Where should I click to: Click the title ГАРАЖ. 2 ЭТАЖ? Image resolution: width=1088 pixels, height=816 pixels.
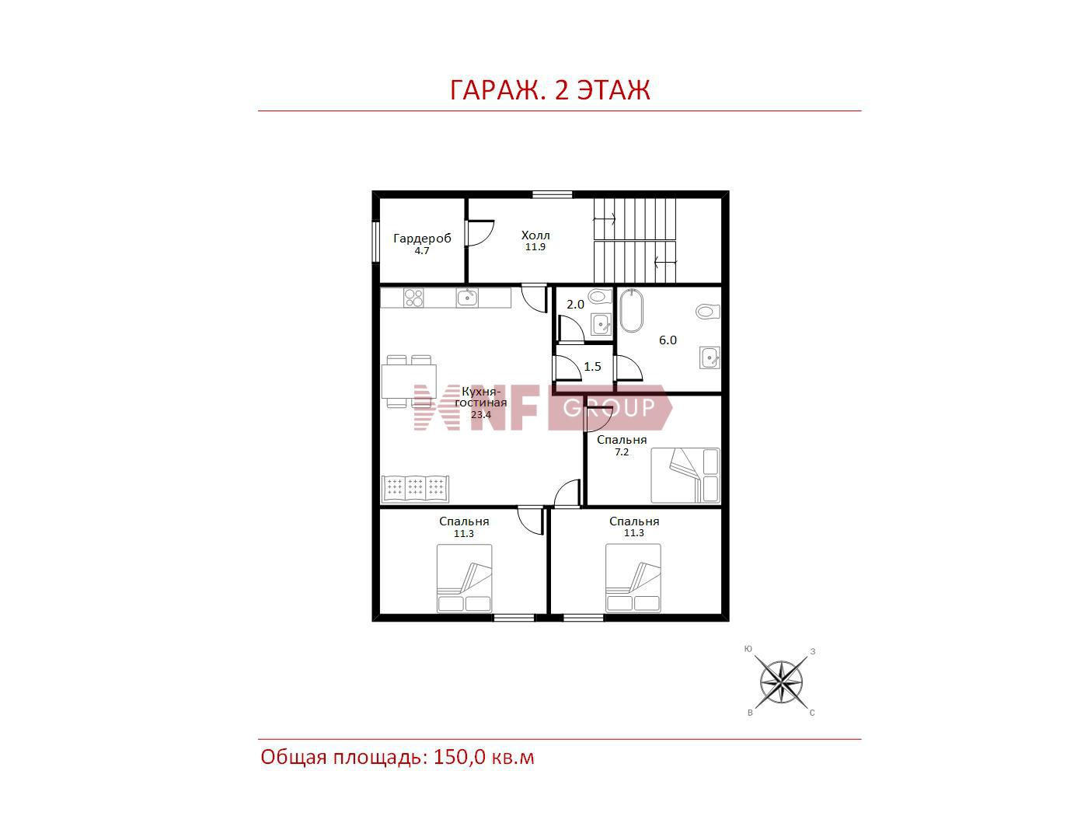[x=549, y=90]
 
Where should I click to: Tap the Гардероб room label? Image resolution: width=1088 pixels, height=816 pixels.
[x=422, y=239]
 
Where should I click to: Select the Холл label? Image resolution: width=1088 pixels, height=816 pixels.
[x=535, y=235]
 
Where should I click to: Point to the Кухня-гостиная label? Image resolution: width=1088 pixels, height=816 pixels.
[x=481, y=397]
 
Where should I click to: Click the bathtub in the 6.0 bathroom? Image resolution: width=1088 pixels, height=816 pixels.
[x=632, y=310]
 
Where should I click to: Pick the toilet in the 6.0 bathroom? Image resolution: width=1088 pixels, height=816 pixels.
[x=708, y=311]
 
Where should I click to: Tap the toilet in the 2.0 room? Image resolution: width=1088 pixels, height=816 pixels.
[x=600, y=296]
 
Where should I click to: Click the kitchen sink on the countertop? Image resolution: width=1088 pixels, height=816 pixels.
[x=467, y=298]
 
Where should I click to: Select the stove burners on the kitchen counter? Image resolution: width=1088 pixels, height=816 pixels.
[x=414, y=298]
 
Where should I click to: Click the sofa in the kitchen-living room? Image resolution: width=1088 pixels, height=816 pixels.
[x=415, y=489]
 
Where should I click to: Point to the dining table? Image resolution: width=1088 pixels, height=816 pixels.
[x=409, y=381]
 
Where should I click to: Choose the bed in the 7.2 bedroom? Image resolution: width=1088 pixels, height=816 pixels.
[x=685, y=475]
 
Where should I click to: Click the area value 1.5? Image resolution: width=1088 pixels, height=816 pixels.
[x=592, y=367]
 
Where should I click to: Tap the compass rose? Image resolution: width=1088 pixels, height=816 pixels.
[x=781, y=682]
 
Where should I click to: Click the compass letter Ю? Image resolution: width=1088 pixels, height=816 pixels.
[x=748, y=649]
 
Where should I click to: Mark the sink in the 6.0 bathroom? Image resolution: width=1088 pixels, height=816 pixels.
[x=710, y=357]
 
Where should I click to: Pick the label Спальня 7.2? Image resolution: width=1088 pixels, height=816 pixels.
[x=622, y=445]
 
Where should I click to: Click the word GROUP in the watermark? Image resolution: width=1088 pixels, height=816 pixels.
[x=609, y=407]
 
